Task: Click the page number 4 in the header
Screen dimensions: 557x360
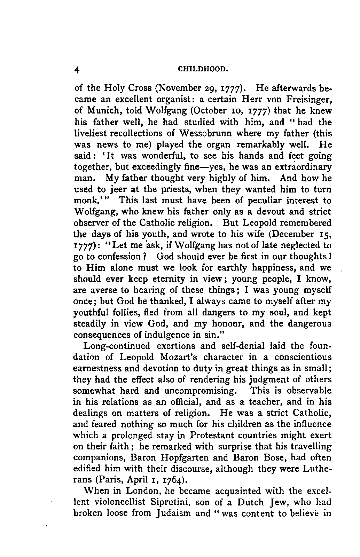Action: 77,69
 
